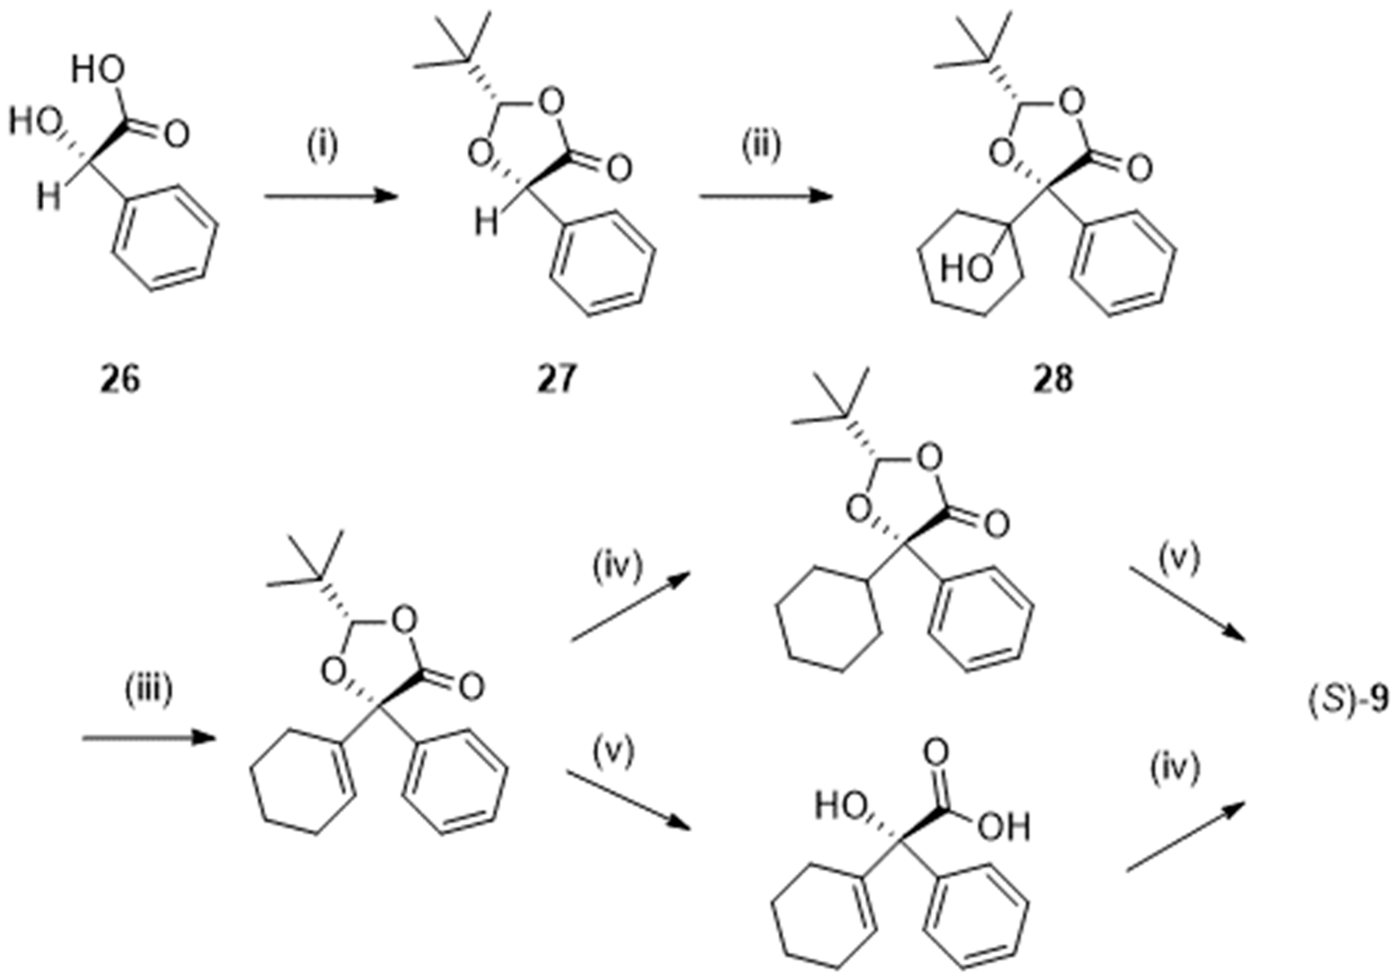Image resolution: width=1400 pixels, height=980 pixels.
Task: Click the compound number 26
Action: tap(120, 380)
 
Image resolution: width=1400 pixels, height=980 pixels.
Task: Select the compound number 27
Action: tap(556, 380)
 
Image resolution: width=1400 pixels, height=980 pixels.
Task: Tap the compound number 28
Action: tap(1053, 380)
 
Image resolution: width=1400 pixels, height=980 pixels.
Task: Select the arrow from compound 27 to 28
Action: tap(766, 196)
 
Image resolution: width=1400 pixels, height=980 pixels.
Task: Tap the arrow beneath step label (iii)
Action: tap(149, 738)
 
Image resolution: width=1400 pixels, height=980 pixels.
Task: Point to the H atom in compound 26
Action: tap(49, 198)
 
